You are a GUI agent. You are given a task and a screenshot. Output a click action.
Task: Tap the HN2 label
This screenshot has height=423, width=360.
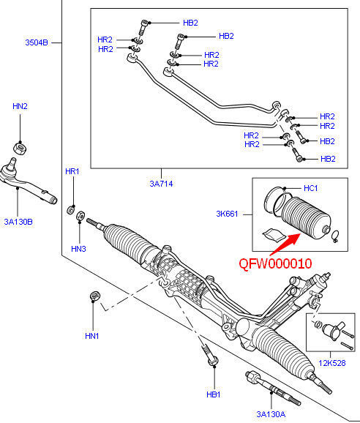[x=20, y=107]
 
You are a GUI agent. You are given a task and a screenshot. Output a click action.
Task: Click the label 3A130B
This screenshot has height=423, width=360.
[x=19, y=220]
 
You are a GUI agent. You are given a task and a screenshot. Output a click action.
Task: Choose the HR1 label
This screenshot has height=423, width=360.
[x=72, y=171]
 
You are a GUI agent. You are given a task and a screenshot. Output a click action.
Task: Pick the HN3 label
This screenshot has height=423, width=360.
[x=79, y=249]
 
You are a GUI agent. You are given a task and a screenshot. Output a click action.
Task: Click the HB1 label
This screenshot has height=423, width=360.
[x=214, y=394]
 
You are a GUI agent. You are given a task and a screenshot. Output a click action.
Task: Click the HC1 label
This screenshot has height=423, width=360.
[x=310, y=188]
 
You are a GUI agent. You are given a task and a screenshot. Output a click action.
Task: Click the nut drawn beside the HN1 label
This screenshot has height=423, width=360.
[x=93, y=296]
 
